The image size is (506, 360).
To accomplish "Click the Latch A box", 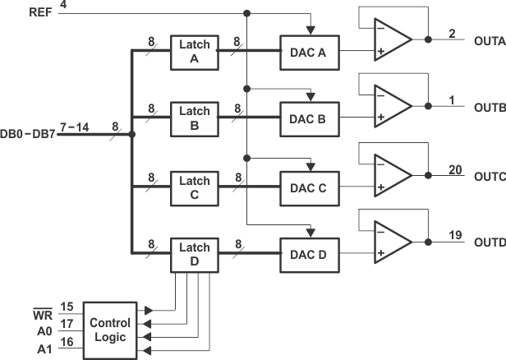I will coord(195,51).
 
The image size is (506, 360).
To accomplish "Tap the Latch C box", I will coord(195,187).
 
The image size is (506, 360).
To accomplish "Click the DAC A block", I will coord(309,51).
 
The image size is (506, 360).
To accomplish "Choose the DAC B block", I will coord(309,119).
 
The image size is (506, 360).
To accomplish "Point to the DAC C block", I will coord(309,187).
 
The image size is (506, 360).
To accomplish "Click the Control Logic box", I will coord(109,330).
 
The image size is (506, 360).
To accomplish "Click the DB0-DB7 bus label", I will coord(29,133).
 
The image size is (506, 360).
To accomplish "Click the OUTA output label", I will coord(489,39).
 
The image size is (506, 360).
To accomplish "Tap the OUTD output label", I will coord(489,242).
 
